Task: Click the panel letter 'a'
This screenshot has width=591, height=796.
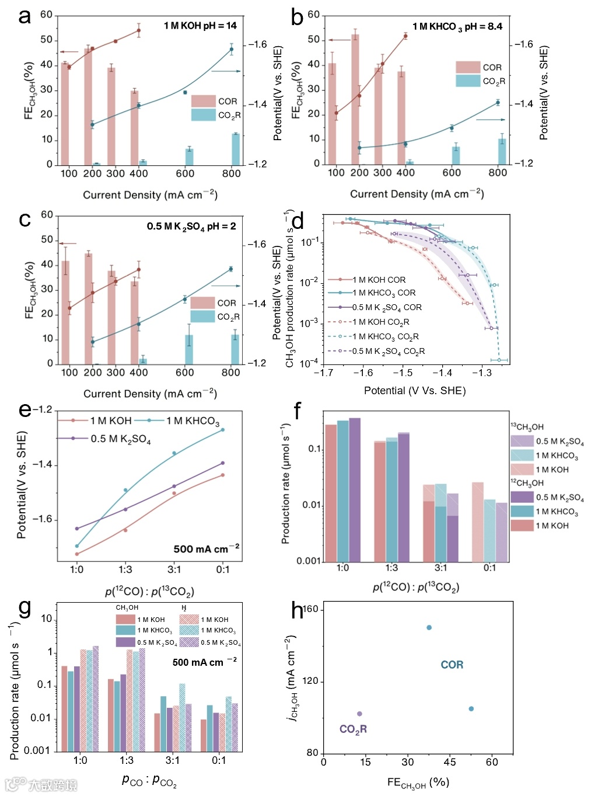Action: (x=24, y=16)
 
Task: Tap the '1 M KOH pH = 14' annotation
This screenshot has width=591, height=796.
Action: (x=200, y=26)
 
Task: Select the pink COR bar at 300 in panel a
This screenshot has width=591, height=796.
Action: (x=111, y=117)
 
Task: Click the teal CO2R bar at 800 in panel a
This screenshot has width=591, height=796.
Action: (x=236, y=150)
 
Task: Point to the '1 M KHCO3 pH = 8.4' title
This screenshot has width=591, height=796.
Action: (x=457, y=27)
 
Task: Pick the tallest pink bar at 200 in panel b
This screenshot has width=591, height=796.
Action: (x=355, y=99)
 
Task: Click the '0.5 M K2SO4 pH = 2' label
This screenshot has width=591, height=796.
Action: (x=191, y=227)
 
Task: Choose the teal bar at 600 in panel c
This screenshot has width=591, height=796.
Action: (x=189, y=349)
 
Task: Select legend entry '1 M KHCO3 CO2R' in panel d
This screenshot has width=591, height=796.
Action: (x=385, y=336)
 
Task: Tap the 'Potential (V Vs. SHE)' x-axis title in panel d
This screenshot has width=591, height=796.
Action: (x=414, y=391)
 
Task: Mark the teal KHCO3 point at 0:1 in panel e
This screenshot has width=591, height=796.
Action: (x=222, y=430)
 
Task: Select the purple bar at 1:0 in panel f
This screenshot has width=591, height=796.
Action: (x=355, y=489)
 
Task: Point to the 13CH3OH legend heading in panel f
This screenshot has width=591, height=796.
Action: (x=527, y=427)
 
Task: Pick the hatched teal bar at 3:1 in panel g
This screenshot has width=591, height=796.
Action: (x=182, y=718)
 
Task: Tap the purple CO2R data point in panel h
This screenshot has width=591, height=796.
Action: (x=359, y=714)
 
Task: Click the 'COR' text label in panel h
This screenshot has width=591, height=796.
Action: (x=452, y=665)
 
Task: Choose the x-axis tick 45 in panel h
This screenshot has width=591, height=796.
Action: (x=450, y=762)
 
